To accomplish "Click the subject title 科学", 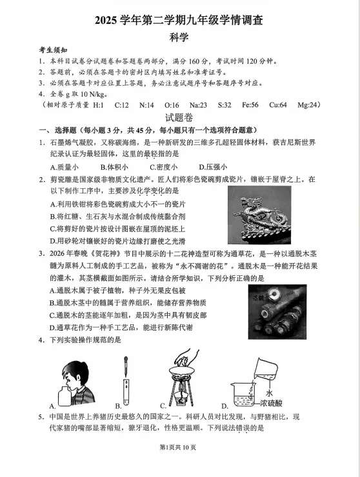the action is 179,37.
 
